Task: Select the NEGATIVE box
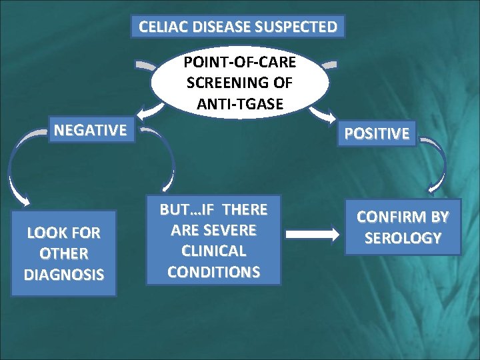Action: click(x=91, y=130)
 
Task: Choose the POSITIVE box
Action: click(x=377, y=133)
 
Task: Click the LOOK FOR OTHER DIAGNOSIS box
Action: click(x=64, y=253)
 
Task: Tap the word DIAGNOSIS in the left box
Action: click(x=64, y=274)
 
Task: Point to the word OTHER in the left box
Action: click(x=64, y=253)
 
